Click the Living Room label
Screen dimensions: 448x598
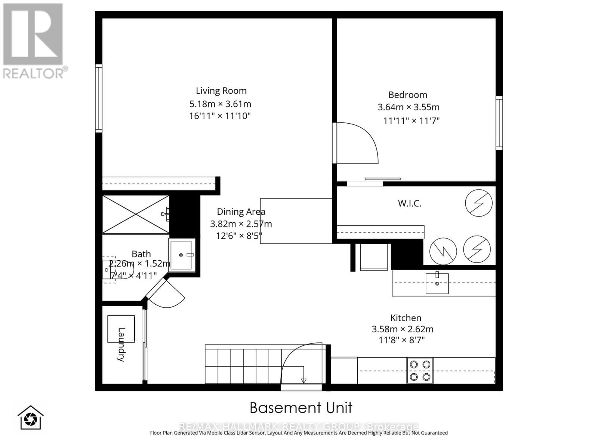click(x=221, y=91)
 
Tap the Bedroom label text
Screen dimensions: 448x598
click(x=407, y=95)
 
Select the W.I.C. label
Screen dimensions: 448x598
click(x=410, y=203)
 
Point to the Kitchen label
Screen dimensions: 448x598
click(x=406, y=318)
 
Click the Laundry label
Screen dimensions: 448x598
click(x=121, y=344)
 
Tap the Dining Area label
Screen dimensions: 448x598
click(x=241, y=212)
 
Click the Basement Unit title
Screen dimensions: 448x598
click(x=301, y=408)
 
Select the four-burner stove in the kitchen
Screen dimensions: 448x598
click(x=420, y=371)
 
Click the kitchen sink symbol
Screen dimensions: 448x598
click(x=437, y=283)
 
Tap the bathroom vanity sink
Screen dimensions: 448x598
click(x=182, y=255)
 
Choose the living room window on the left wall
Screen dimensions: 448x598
click(x=99, y=98)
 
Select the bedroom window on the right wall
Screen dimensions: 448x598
click(x=499, y=123)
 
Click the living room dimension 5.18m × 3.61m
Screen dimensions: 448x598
click(x=220, y=104)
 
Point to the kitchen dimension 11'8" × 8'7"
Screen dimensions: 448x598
click(x=402, y=340)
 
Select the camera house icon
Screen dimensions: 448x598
click(x=31, y=418)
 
